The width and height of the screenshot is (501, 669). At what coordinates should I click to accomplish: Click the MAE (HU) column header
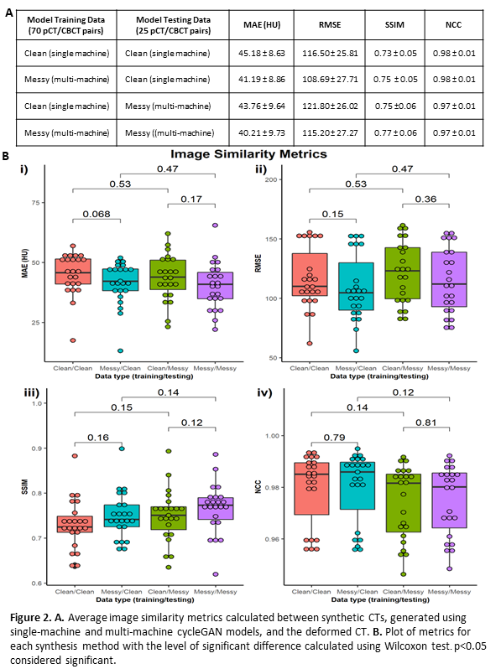click(262, 25)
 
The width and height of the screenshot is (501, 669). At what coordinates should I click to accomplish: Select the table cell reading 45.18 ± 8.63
click(261, 54)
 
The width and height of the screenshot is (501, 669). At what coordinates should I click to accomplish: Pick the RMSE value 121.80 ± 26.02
click(330, 106)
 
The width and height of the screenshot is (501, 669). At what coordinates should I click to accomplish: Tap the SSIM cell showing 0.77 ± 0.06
click(395, 132)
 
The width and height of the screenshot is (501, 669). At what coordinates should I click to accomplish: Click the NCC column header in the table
click(454, 25)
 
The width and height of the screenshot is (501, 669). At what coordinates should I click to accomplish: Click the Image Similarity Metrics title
click(249, 154)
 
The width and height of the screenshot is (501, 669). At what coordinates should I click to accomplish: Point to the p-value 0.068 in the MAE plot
click(97, 214)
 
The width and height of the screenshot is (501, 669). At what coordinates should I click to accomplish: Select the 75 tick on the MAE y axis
click(35, 203)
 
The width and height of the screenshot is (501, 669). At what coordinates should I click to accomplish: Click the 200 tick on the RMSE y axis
click(271, 179)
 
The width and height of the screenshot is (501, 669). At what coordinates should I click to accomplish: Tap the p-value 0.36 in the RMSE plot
click(425, 199)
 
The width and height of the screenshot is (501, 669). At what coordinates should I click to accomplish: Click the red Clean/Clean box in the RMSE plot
click(310, 275)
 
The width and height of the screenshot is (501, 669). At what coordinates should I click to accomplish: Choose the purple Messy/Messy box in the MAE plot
click(216, 285)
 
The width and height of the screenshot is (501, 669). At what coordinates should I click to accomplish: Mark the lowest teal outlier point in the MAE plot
click(121, 350)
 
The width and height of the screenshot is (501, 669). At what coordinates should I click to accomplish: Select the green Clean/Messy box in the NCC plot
click(403, 503)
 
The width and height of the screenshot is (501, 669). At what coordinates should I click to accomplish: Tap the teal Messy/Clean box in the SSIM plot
click(122, 516)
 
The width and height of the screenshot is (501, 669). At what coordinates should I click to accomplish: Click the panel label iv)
click(264, 392)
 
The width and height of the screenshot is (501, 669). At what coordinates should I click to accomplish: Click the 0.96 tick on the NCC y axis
click(272, 539)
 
